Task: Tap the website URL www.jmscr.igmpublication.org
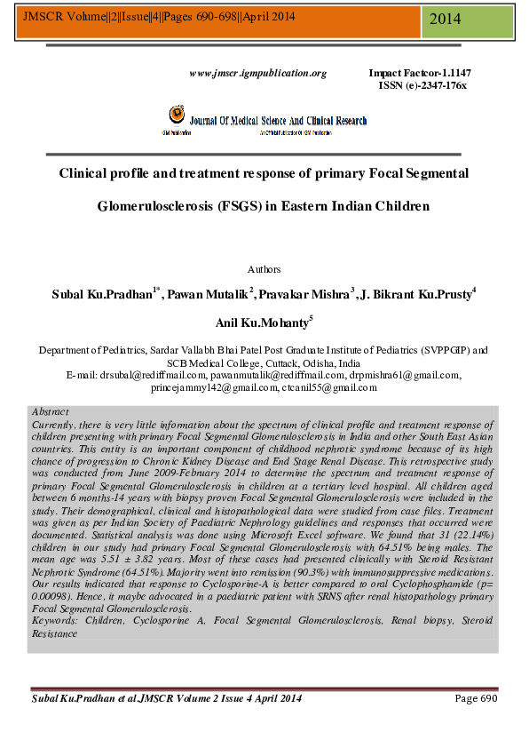258,73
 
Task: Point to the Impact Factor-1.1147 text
420,73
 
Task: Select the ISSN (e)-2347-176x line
422,84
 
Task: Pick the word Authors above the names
264,268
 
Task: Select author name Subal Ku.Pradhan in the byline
106,294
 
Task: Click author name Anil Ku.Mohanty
264,323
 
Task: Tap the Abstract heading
50,412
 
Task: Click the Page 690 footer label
476,698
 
